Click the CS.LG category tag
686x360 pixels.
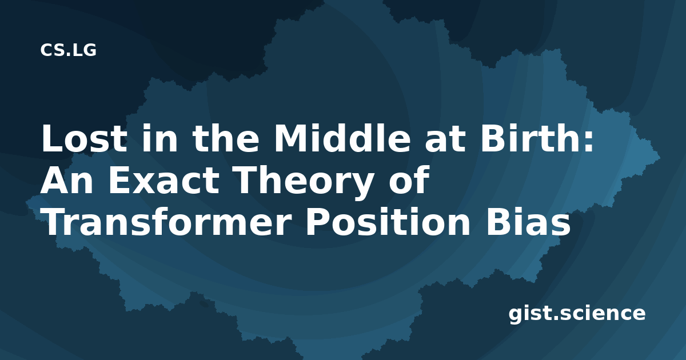pyautogui.click(x=68, y=50)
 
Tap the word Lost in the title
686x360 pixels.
pyautogui.click(x=84, y=138)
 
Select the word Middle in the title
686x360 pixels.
pyautogui.click(x=342, y=138)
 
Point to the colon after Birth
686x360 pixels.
pyautogui.click(x=589, y=142)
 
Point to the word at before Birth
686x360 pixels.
pyautogui.click(x=445, y=140)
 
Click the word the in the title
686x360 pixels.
pyautogui.click(x=225, y=138)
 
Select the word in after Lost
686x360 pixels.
pyautogui.click(x=159, y=138)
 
